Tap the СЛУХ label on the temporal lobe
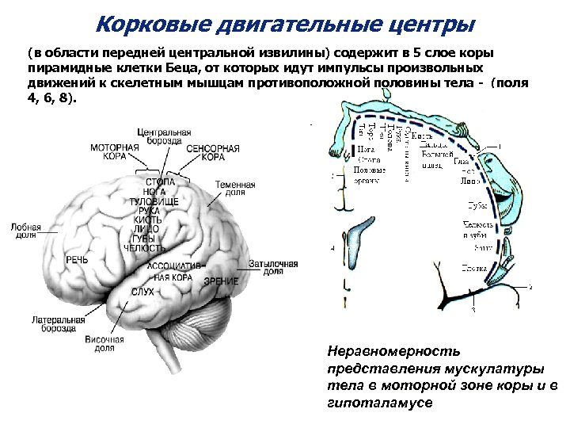click(x=142, y=292)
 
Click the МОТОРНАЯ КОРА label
click(x=114, y=151)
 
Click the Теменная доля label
click(x=235, y=189)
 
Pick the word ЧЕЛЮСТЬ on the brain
click(x=142, y=247)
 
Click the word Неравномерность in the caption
click(x=392, y=350)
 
